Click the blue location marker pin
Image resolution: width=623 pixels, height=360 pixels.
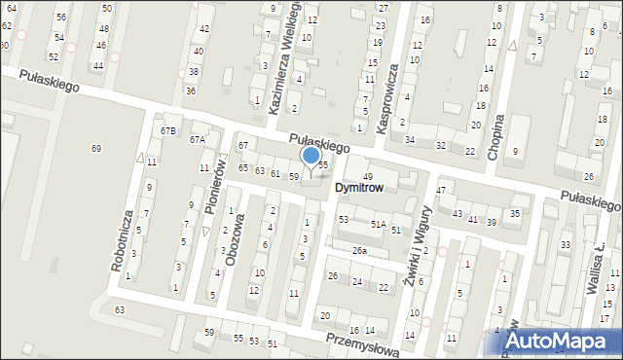point(311,157)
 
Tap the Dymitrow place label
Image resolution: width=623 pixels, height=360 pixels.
point(361,187)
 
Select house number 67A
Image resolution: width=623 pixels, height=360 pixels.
point(198,139)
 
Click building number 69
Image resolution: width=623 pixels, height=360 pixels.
point(95,148)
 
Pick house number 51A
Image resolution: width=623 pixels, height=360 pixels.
point(378,224)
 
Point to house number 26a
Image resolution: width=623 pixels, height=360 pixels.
point(360,251)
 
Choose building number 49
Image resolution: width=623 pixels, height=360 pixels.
point(368,175)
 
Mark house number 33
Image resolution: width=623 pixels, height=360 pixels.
point(566,244)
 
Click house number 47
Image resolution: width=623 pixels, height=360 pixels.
point(441,190)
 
